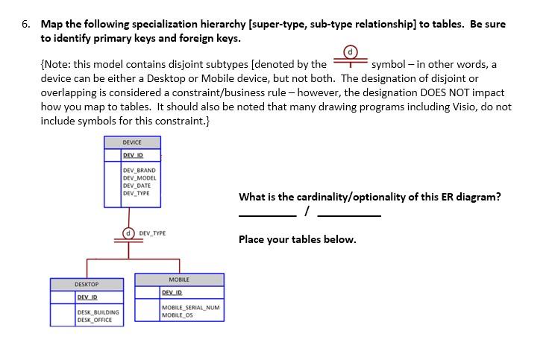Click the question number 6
tap(26, 24)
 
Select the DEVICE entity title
tap(132, 142)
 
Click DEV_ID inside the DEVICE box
tap(133, 155)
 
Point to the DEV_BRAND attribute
tap(139, 171)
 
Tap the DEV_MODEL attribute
tap(140, 178)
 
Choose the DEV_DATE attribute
tap(137, 186)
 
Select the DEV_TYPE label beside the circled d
tap(152, 233)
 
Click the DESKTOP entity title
tap(87, 285)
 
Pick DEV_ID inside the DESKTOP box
tap(87, 297)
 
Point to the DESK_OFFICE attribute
tap(95, 320)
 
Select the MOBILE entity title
tap(179, 280)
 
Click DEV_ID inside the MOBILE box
tap(172, 292)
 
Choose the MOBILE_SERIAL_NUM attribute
tap(190, 308)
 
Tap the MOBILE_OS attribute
tap(178, 315)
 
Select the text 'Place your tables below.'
tap(297, 239)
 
